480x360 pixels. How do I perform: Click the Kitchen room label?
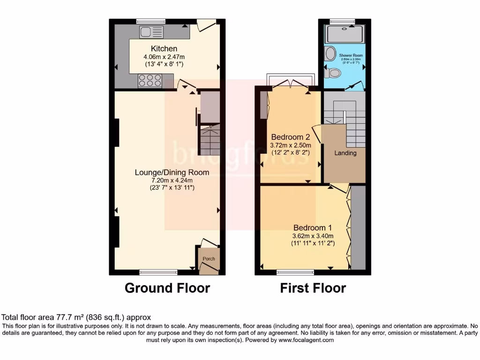tap(164, 49)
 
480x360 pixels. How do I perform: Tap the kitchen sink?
tap(151, 32)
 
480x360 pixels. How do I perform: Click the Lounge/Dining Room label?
tap(172, 172)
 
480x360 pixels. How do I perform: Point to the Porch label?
tap(209, 259)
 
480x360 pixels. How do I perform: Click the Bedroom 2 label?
tap(291, 137)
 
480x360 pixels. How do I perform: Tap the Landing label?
tap(345, 153)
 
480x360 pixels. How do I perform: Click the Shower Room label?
tap(351, 55)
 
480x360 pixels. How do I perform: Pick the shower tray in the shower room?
tap(345, 34)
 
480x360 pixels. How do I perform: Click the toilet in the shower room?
tap(333, 73)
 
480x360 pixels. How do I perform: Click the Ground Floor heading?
tap(167, 288)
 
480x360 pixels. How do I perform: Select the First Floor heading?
tap(313, 288)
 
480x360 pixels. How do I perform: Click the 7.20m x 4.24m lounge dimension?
tap(172, 180)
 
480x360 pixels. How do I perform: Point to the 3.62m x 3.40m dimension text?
tap(312, 236)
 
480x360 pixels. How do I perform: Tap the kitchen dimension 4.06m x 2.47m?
tap(164, 57)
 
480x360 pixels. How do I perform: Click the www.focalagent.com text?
tap(307, 340)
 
